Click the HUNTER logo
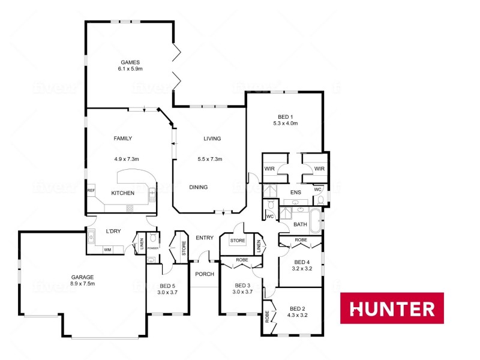[392, 308]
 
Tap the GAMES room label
[130, 62]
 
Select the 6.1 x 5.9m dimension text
[130, 70]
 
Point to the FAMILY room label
[122, 139]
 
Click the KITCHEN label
[122, 193]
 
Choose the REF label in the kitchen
[91, 191]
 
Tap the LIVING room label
[212, 139]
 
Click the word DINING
[199, 187]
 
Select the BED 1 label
[285, 116]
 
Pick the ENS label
[295, 193]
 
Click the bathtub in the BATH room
[316, 218]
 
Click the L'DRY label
[114, 231]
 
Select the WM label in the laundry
[107, 250]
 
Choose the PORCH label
[205, 274]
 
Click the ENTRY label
[205, 238]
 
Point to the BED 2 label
[297, 308]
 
